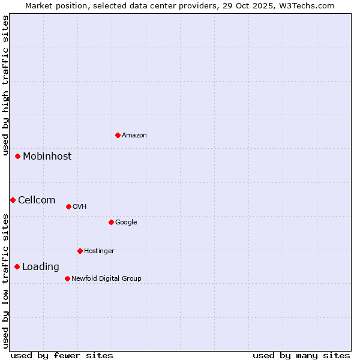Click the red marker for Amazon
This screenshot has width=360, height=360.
(118, 135)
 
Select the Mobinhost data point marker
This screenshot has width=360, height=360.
(18, 156)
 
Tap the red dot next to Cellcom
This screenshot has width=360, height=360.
(13, 200)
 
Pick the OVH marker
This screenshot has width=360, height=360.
(68, 206)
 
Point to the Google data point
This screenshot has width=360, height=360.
(111, 222)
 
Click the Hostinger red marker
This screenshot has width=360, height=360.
(80, 251)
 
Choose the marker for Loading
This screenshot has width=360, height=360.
(17, 266)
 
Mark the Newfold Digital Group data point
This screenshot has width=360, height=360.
(67, 278)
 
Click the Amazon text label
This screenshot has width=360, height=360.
(134, 135)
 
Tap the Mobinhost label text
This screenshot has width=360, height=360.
(47, 156)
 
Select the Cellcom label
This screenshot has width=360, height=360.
(37, 200)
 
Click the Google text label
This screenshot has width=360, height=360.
(126, 222)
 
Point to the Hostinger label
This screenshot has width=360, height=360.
(99, 251)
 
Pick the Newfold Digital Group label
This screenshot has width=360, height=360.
(106, 278)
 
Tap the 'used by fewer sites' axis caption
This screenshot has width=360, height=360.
(62, 355)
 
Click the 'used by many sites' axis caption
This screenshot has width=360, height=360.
(301, 355)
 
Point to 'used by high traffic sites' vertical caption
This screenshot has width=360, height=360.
(5, 85)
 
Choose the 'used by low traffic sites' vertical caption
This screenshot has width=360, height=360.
(5, 281)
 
